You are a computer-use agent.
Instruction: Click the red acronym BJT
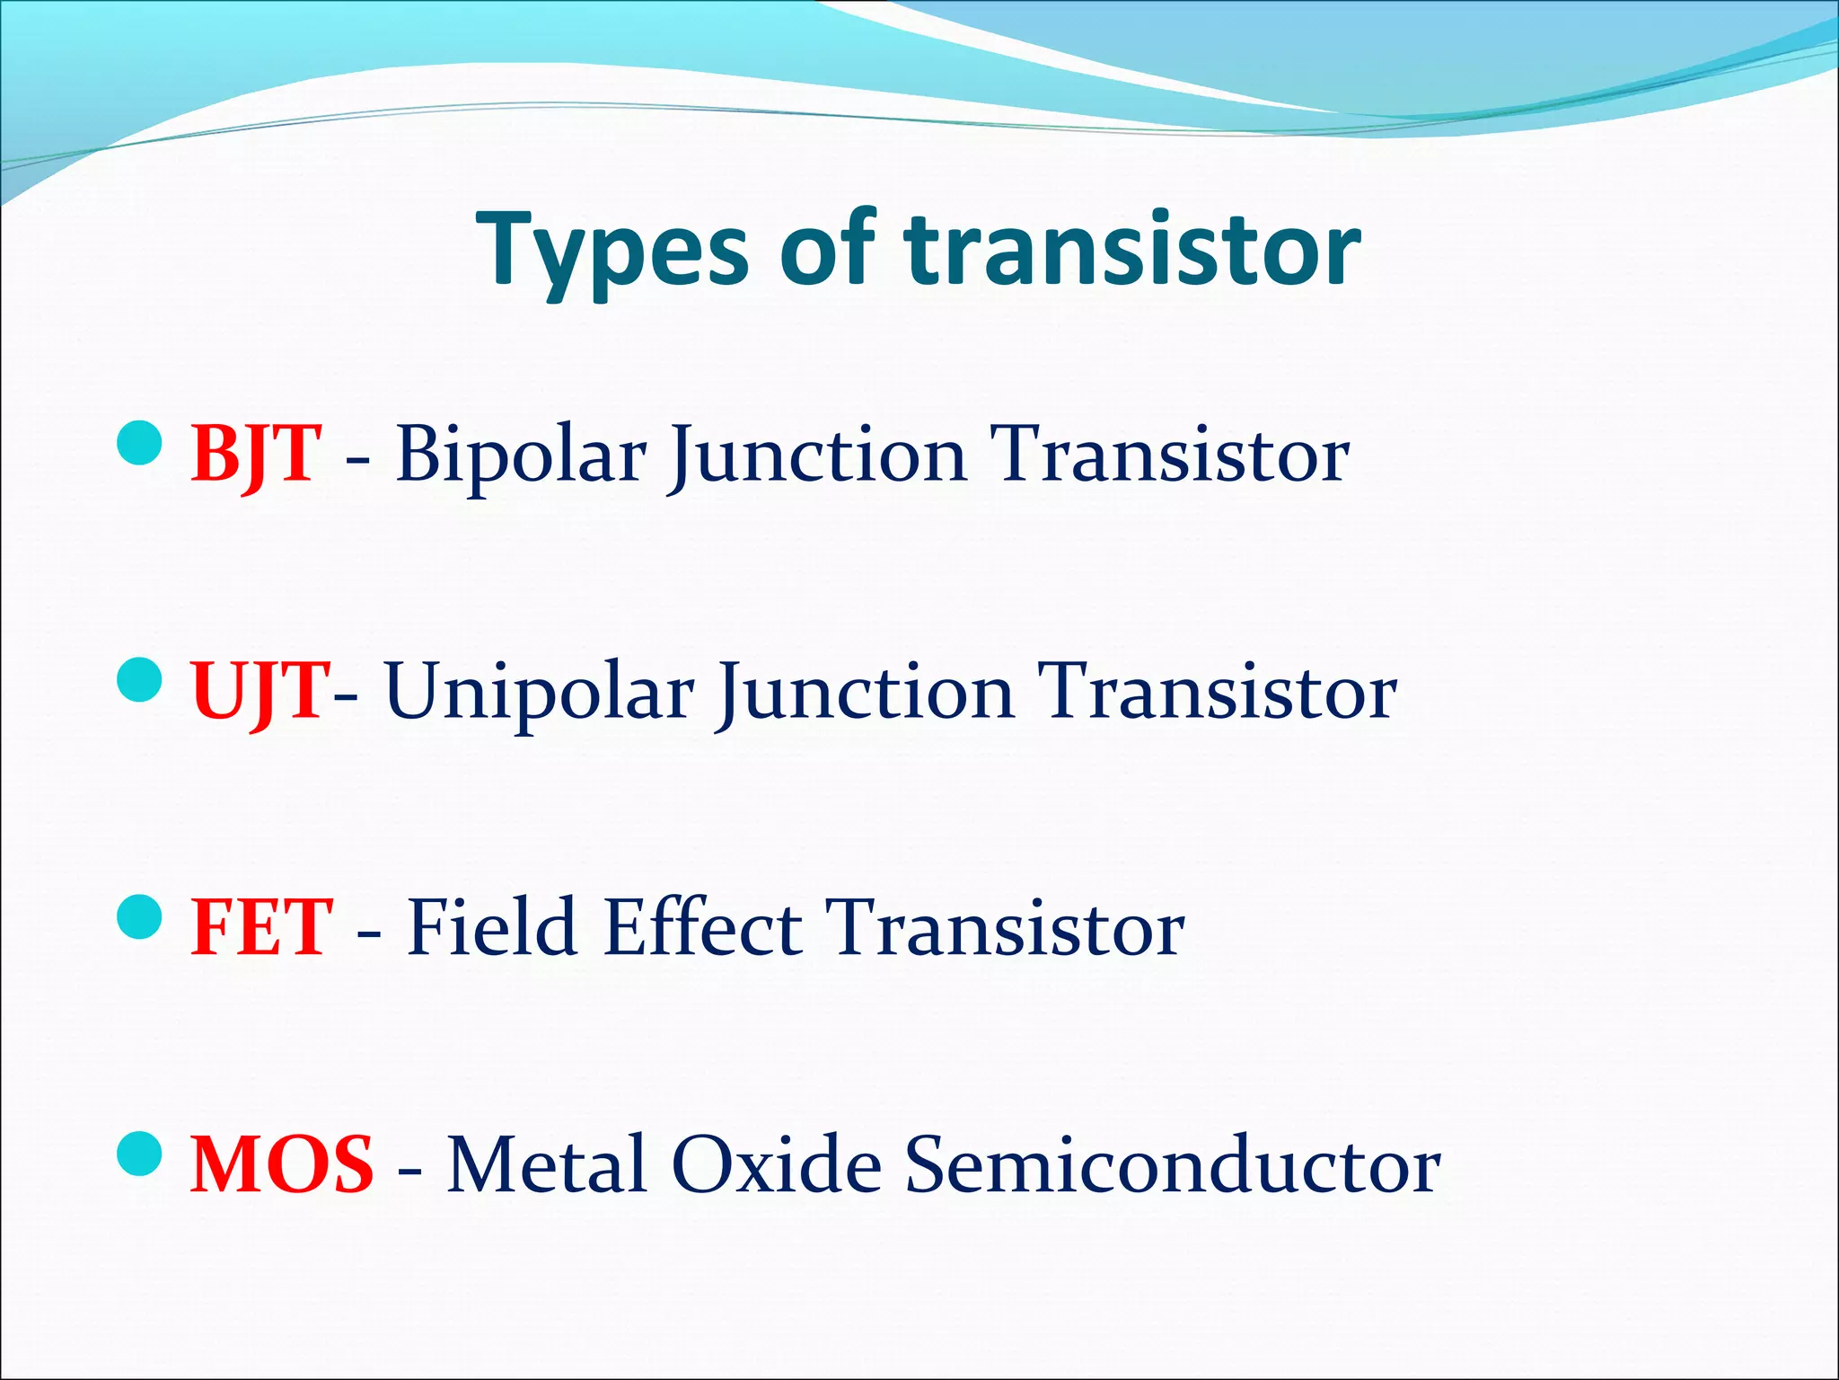click(256, 454)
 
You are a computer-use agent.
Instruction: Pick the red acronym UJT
click(260, 691)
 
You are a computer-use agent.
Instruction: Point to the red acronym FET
click(261, 927)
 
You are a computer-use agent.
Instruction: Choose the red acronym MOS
click(282, 1164)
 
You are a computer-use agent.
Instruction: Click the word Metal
click(548, 1164)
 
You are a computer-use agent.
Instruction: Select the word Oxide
click(777, 1164)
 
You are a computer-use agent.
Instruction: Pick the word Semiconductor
click(1172, 1164)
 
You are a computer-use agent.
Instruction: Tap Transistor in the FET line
click(1004, 927)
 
